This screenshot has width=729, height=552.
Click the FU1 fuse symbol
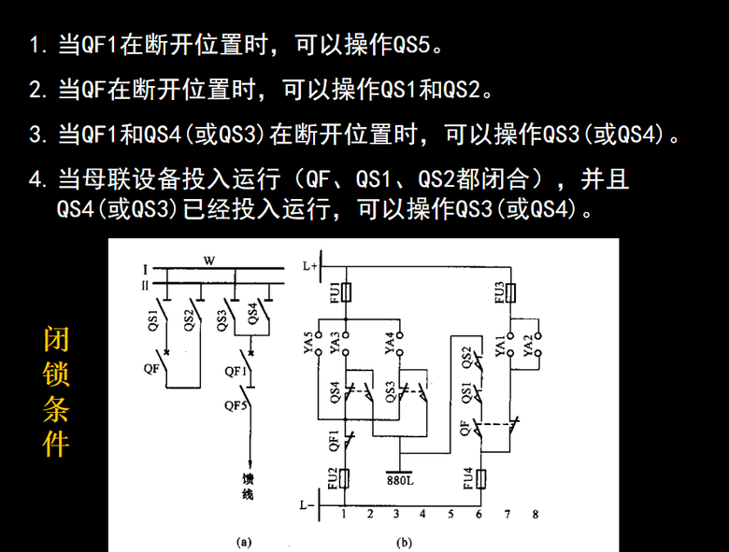(x=346, y=292)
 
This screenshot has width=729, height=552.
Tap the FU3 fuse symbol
(x=510, y=292)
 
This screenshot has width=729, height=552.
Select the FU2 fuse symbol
(x=345, y=478)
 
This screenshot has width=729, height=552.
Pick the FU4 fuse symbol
(x=481, y=478)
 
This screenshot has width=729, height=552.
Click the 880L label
(x=400, y=480)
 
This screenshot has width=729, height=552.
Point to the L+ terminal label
(x=310, y=266)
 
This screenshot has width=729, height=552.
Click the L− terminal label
(x=307, y=505)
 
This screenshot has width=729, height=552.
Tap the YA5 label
(x=308, y=343)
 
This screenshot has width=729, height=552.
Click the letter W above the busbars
(x=209, y=261)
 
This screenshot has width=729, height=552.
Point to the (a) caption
(x=244, y=543)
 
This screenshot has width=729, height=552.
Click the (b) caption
(x=404, y=543)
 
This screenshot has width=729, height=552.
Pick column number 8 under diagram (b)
(x=536, y=514)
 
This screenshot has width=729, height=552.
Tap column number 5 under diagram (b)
(x=450, y=514)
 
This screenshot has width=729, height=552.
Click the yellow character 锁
(x=56, y=374)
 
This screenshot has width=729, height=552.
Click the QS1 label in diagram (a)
(x=153, y=320)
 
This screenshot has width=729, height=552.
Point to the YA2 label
(x=528, y=346)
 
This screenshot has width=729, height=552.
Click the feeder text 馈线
(x=248, y=487)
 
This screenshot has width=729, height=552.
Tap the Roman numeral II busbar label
(x=145, y=285)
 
